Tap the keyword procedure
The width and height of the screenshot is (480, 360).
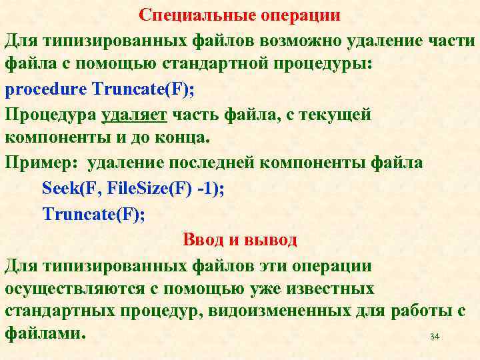pos(46,89)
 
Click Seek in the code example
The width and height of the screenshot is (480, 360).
pos(60,189)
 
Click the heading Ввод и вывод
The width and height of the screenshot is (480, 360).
pos(239,239)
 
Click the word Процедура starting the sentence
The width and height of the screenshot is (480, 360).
pos(51,115)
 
